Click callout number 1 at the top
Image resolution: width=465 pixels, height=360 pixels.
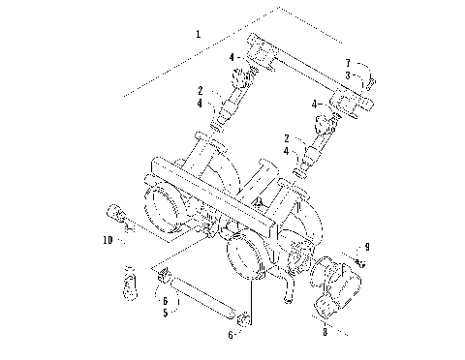click(x=199, y=35)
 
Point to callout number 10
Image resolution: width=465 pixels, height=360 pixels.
click(x=108, y=238)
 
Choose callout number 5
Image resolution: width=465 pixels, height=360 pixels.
click(x=164, y=313)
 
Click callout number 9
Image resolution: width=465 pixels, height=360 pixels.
click(x=367, y=246)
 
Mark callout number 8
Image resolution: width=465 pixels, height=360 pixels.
click(x=325, y=331)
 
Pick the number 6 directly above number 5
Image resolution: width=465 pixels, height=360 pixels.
click(x=164, y=301)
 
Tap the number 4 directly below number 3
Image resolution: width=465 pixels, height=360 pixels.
click(x=313, y=103)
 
